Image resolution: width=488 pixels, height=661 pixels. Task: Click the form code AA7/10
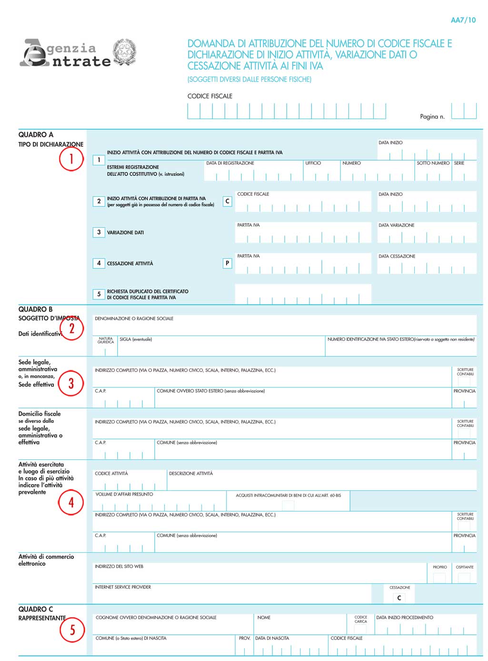(463, 20)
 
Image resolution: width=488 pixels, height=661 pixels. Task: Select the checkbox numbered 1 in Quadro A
(99, 160)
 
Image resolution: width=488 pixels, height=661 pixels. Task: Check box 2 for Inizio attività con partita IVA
(99, 201)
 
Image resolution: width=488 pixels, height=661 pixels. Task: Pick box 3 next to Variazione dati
(99, 232)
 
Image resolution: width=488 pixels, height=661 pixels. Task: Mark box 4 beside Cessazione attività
(99, 263)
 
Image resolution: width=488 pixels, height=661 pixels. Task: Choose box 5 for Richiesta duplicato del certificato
(99, 294)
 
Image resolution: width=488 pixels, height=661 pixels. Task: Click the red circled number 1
(71, 159)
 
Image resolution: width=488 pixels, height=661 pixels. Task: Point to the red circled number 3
(71, 383)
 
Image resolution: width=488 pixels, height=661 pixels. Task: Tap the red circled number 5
(72, 630)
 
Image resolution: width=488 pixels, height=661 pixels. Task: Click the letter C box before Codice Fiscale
(227, 201)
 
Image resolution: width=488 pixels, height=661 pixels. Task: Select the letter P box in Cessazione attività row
(227, 263)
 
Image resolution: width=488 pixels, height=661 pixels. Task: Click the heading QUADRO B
(36, 309)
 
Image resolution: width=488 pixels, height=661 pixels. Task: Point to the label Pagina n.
(432, 117)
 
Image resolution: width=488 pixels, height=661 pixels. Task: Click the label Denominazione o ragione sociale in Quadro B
(134, 318)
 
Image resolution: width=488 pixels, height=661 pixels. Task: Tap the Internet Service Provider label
(123, 587)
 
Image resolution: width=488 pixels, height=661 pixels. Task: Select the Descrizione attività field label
(191, 474)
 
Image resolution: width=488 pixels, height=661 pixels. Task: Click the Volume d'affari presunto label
(124, 494)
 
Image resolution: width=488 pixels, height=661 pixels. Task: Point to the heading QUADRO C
(36, 609)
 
